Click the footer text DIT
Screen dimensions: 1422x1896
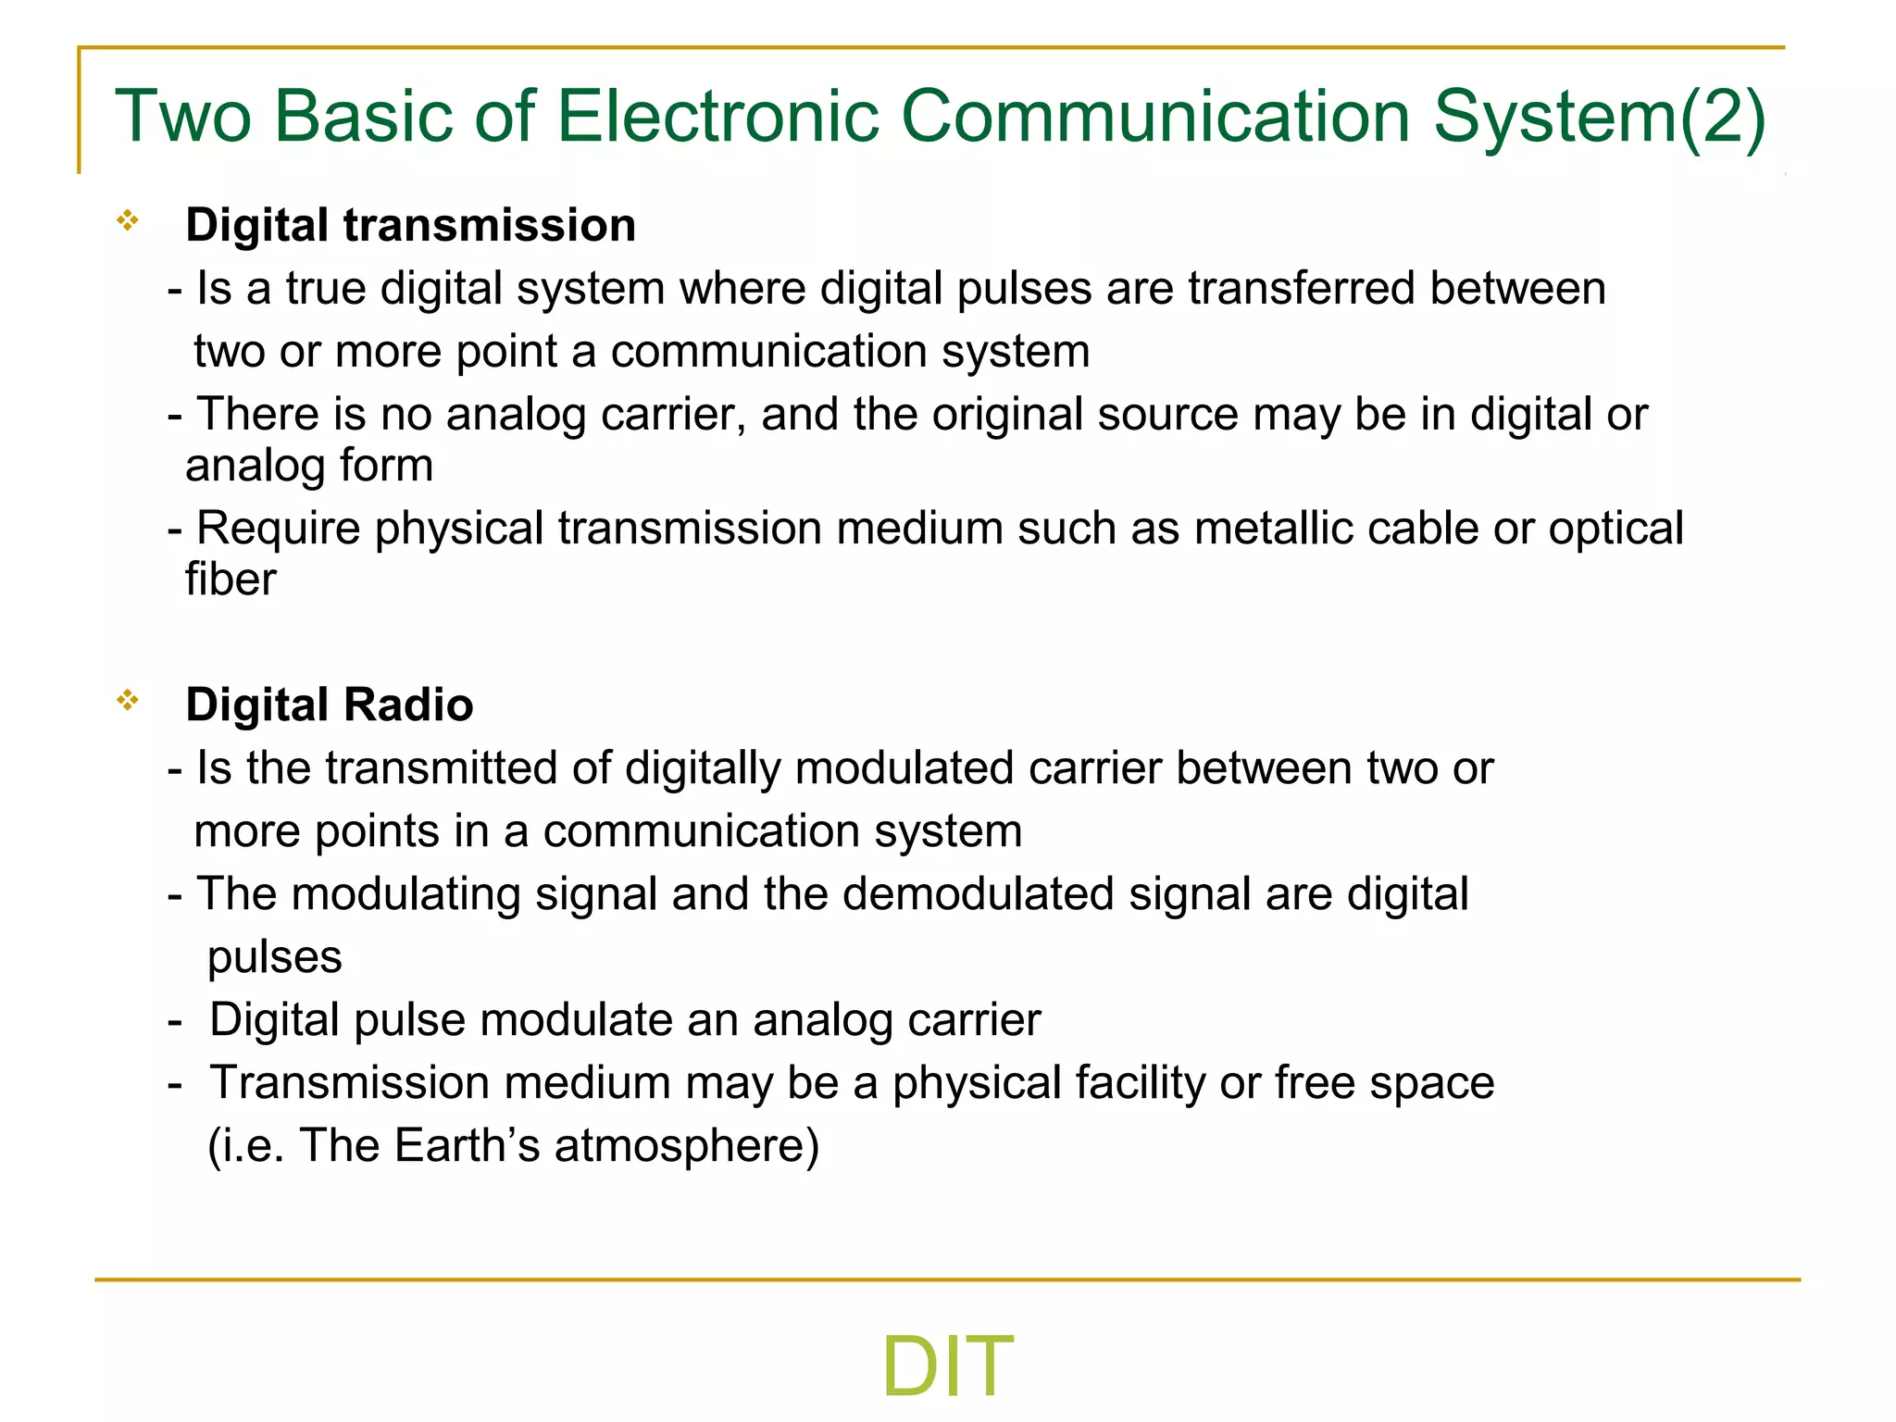point(947,1366)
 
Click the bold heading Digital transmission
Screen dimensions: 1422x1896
point(410,226)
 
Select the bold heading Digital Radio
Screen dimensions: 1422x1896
point(329,705)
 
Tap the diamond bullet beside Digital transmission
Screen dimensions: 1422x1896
point(128,221)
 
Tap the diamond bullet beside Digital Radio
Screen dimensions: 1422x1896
point(128,701)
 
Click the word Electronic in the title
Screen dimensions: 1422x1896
point(717,117)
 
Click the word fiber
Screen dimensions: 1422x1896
point(231,580)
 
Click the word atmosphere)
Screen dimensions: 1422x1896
point(687,1146)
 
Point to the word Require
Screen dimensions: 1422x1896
point(279,529)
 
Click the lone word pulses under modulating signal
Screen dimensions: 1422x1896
point(274,957)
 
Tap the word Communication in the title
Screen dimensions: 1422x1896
point(1155,117)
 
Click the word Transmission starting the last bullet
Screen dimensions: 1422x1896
point(349,1083)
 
